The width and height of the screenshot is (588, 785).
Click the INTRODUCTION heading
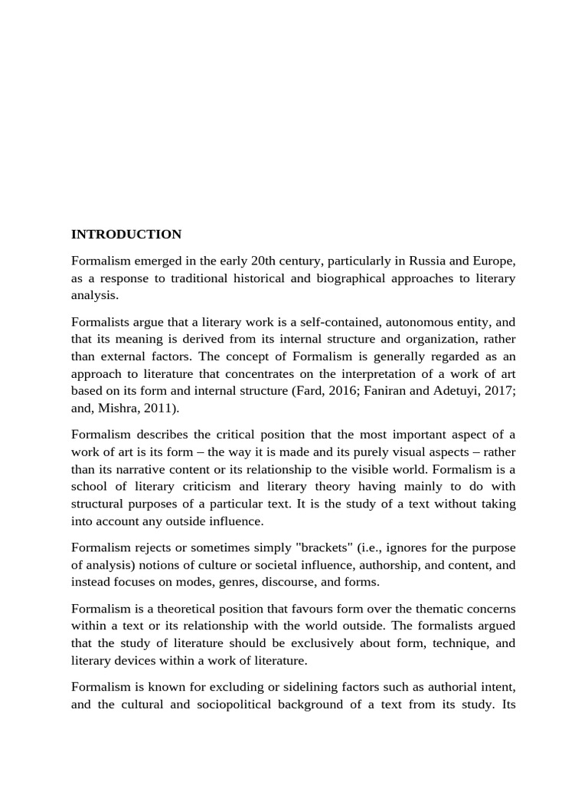coord(126,235)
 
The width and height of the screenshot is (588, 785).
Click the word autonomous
coord(403,322)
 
